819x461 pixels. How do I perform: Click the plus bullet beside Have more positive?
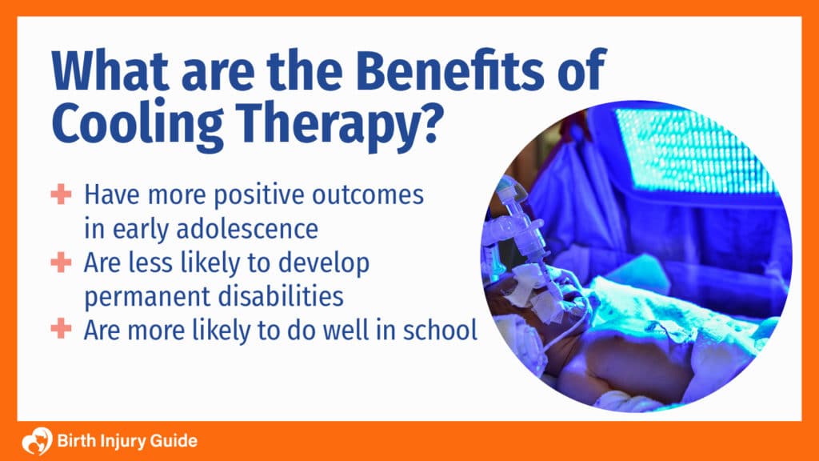click(x=61, y=194)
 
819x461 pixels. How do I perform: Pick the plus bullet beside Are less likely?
click(x=61, y=262)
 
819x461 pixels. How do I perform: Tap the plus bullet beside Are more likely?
click(x=61, y=329)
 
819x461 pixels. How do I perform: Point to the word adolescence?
click(x=247, y=228)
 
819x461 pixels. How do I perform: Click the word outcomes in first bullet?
click(x=368, y=194)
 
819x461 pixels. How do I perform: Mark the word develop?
click(x=324, y=263)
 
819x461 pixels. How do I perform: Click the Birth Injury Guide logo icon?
click(x=37, y=441)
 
